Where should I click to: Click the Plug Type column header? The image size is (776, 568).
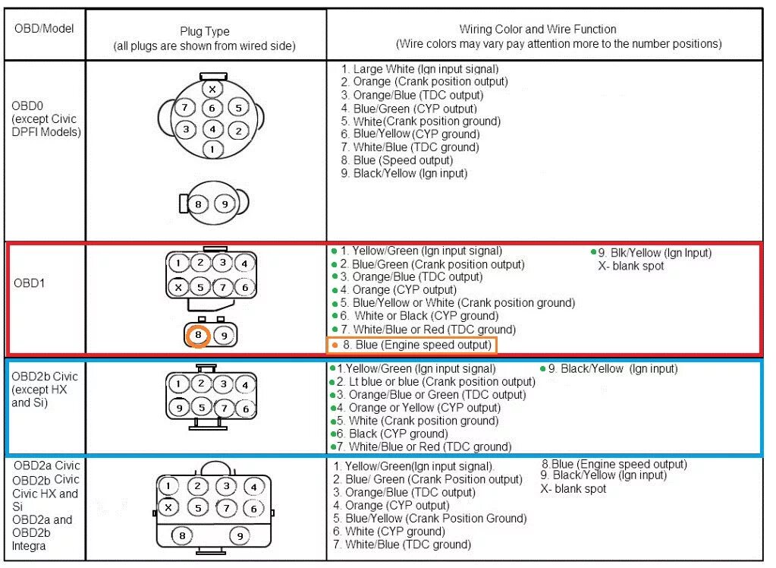click(204, 38)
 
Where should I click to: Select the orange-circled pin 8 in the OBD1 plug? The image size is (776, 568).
click(198, 335)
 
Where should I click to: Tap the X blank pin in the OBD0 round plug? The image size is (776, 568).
click(212, 89)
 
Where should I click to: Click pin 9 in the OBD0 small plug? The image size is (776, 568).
click(224, 204)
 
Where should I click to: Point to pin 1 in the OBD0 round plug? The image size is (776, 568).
click(212, 149)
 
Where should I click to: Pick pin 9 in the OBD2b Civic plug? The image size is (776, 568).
click(178, 409)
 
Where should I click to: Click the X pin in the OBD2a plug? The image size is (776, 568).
click(169, 508)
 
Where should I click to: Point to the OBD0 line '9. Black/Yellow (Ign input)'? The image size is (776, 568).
click(404, 173)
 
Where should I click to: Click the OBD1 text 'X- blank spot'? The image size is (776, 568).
click(631, 266)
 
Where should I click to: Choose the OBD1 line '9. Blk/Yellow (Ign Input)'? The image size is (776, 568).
click(655, 253)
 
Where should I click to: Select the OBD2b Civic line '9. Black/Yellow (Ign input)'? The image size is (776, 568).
click(613, 369)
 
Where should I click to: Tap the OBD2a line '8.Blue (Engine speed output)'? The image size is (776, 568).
click(614, 464)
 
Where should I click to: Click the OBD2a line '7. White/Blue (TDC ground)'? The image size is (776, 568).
click(402, 544)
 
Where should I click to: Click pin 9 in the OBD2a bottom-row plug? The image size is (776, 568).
click(240, 536)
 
